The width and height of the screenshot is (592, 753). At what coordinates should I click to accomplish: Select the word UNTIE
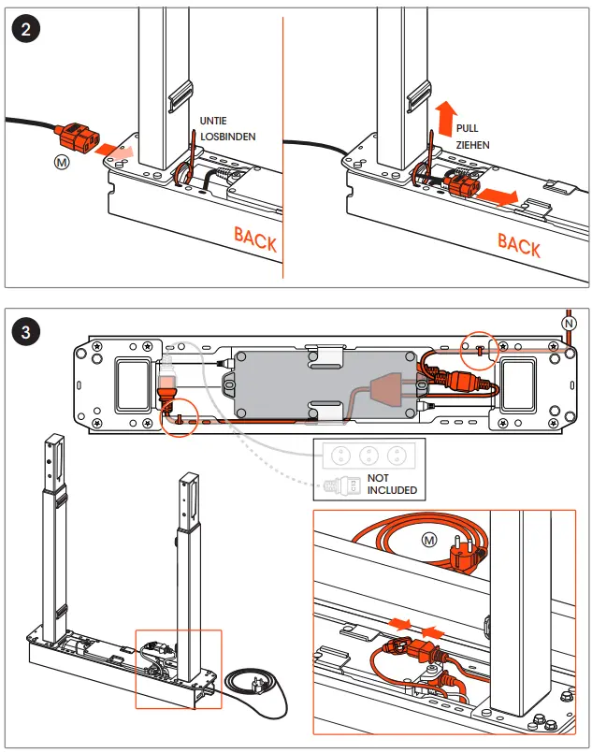[214, 121]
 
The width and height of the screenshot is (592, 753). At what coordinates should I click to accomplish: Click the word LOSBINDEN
[227, 137]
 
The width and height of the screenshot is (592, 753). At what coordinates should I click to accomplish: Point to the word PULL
[468, 127]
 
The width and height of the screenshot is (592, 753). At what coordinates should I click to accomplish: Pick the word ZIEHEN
[472, 145]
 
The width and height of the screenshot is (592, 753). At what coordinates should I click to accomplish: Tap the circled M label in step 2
[63, 161]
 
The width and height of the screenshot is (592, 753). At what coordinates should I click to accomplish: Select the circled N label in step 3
[569, 323]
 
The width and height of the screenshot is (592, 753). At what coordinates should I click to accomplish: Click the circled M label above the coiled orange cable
[429, 540]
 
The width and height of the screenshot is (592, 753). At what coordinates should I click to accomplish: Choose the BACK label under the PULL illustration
[519, 245]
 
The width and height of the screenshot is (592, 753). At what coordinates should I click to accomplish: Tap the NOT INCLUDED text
[392, 484]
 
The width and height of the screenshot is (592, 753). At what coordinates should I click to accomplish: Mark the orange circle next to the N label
[481, 347]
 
